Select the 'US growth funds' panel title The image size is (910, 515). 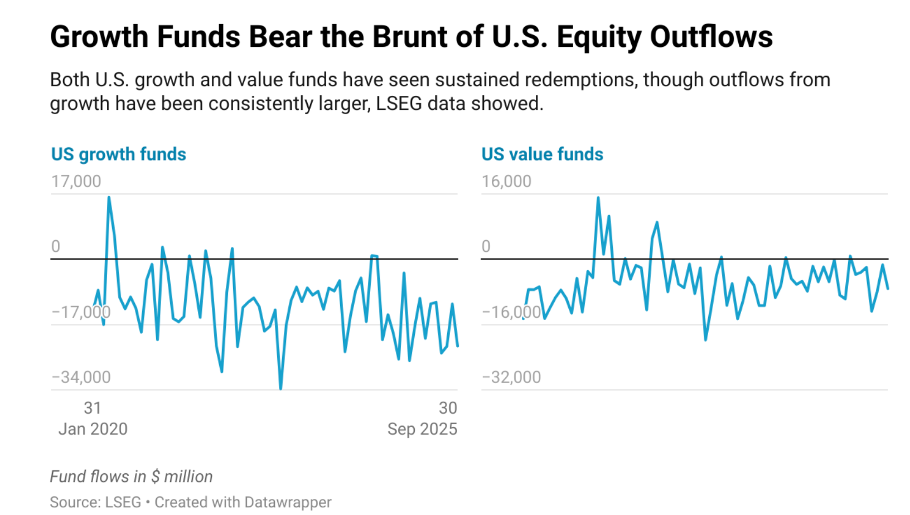[118, 154]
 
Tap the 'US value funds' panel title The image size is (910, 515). [542, 154]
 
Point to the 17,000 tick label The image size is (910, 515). [76, 181]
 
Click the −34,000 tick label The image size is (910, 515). [81, 377]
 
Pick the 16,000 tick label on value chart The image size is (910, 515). [506, 181]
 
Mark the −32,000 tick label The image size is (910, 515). [511, 377]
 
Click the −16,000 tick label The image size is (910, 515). [511, 312]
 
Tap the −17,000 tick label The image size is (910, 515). [81, 312]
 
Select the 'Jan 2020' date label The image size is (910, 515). [93, 429]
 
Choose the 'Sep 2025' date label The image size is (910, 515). [422, 429]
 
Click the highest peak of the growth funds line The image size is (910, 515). [109, 197]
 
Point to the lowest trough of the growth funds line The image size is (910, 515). [280, 388]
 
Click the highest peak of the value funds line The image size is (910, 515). [598, 198]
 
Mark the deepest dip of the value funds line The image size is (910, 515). [705, 339]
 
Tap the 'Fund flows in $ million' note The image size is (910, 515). [131, 477]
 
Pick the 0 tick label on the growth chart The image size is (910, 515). [56, 246]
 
